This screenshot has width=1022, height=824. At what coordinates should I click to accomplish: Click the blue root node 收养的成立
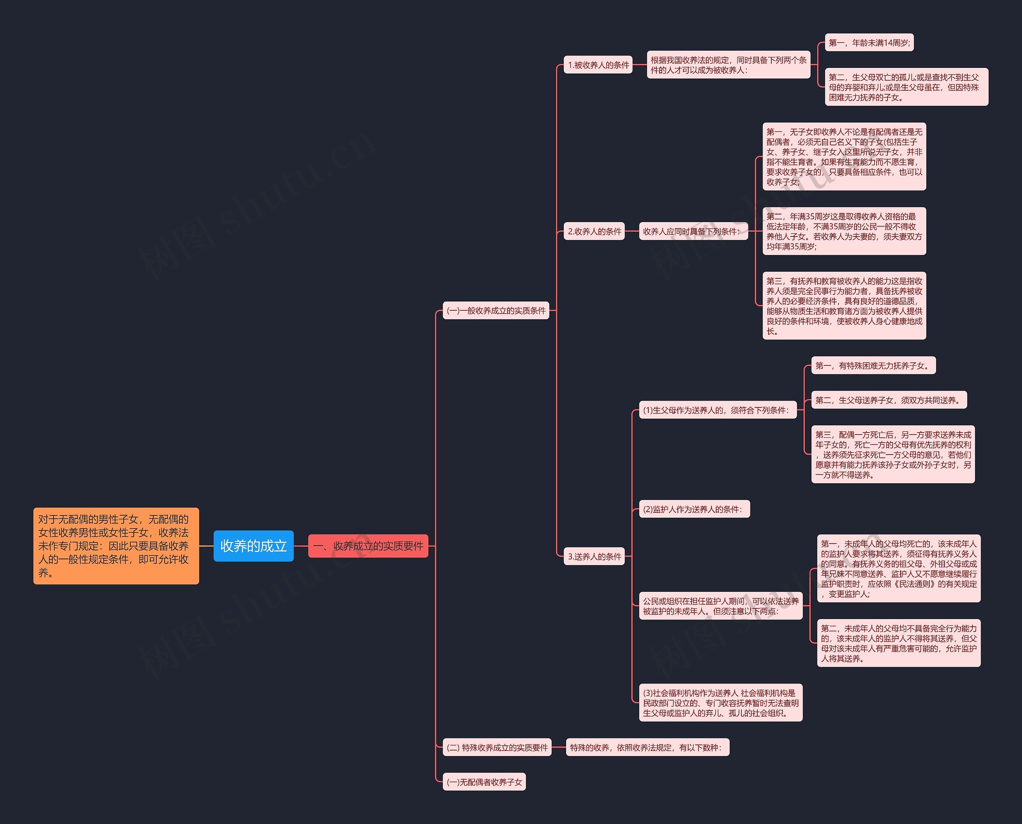(x=254, y=546)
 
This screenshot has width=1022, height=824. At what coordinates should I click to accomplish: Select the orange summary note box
(x=116, y=546)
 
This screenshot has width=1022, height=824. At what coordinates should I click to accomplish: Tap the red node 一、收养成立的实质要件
(x=368, y=546)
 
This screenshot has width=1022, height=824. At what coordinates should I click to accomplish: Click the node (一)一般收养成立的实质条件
(x=496, y=310)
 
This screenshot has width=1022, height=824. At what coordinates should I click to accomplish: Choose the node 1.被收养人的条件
(x=598, y=65)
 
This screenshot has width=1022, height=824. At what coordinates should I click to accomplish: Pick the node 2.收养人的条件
(x=594, y=232)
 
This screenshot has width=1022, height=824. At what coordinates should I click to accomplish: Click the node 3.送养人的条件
(x=594, y=556)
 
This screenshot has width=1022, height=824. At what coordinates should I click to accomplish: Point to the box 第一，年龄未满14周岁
(x=869, y=43)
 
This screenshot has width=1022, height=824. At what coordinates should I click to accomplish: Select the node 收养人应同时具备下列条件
(x=693, y=232)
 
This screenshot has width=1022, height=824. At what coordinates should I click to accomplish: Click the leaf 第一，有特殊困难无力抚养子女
(x=873, y=365)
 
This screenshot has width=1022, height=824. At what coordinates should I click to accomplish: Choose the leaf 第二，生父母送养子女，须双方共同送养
(x=889, y=400)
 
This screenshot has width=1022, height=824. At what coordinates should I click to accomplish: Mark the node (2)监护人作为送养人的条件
(x=694, y=509)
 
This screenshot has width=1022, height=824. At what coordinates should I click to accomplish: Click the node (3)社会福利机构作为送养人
(x=720, y=703)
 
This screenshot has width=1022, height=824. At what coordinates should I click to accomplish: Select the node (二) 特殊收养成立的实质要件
(x=497, y=748)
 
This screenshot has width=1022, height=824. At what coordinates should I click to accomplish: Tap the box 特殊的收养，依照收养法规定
(x=647, y=748)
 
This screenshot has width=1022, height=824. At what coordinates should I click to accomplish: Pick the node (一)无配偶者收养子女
(x=484, y=782)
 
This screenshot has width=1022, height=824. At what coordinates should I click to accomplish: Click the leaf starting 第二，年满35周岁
(x=844, y=231)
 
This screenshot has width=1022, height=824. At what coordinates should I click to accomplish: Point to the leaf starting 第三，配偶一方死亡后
(x=893, y=454)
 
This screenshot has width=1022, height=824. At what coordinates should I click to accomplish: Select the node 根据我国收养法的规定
(x=728, y=65)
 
